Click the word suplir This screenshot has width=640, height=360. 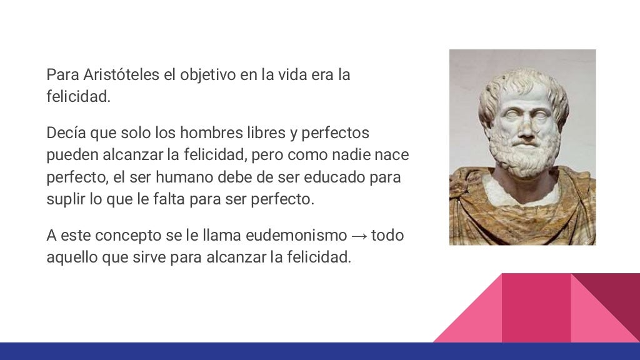click(x=64, y=199)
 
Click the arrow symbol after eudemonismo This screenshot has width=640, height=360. click(x=359, y=236)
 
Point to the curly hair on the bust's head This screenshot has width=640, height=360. click(x=522, y=84)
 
